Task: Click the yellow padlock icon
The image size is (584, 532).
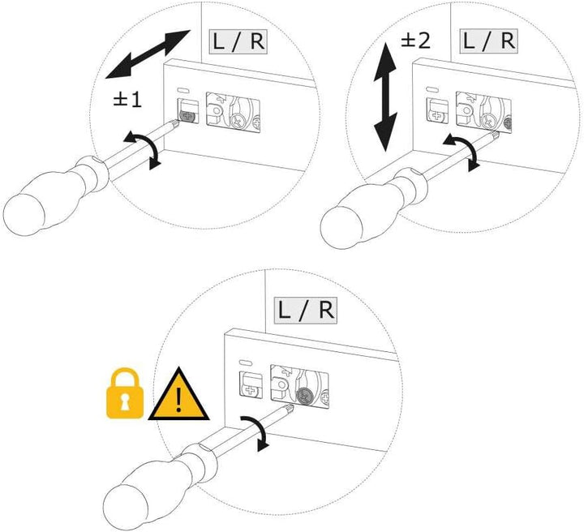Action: point(126,395)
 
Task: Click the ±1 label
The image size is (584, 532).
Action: point(127,100)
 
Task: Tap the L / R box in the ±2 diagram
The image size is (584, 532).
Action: point(488,41)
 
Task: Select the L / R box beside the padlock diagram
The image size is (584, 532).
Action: point(305,310)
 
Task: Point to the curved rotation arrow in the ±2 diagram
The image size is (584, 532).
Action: point(465,151)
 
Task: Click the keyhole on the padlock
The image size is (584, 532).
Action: point(126,401)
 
